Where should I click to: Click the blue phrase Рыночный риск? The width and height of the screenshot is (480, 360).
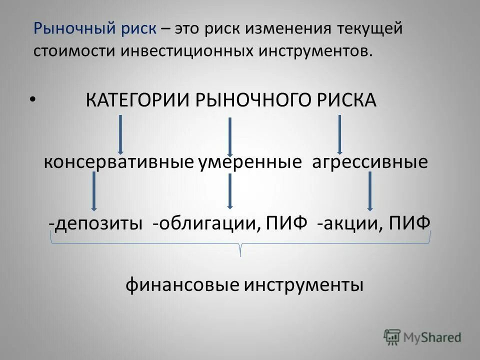coord(95,28)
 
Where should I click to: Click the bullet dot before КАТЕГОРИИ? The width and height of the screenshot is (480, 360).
coord(32,99)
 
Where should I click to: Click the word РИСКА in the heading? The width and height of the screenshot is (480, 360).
coord(345,100)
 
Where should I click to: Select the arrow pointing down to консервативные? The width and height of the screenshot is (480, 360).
coord(120,134)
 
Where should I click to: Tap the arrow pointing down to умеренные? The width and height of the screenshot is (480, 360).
coord(229,136)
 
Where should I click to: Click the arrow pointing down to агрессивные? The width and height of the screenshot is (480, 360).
coord(339,134)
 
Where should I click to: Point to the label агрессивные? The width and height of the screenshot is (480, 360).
coord(370,162)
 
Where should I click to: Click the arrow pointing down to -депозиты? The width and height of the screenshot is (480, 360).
coord(93,191)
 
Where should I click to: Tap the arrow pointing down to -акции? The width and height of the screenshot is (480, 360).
coord(370,191)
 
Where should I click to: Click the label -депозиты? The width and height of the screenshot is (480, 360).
coord(95,222)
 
